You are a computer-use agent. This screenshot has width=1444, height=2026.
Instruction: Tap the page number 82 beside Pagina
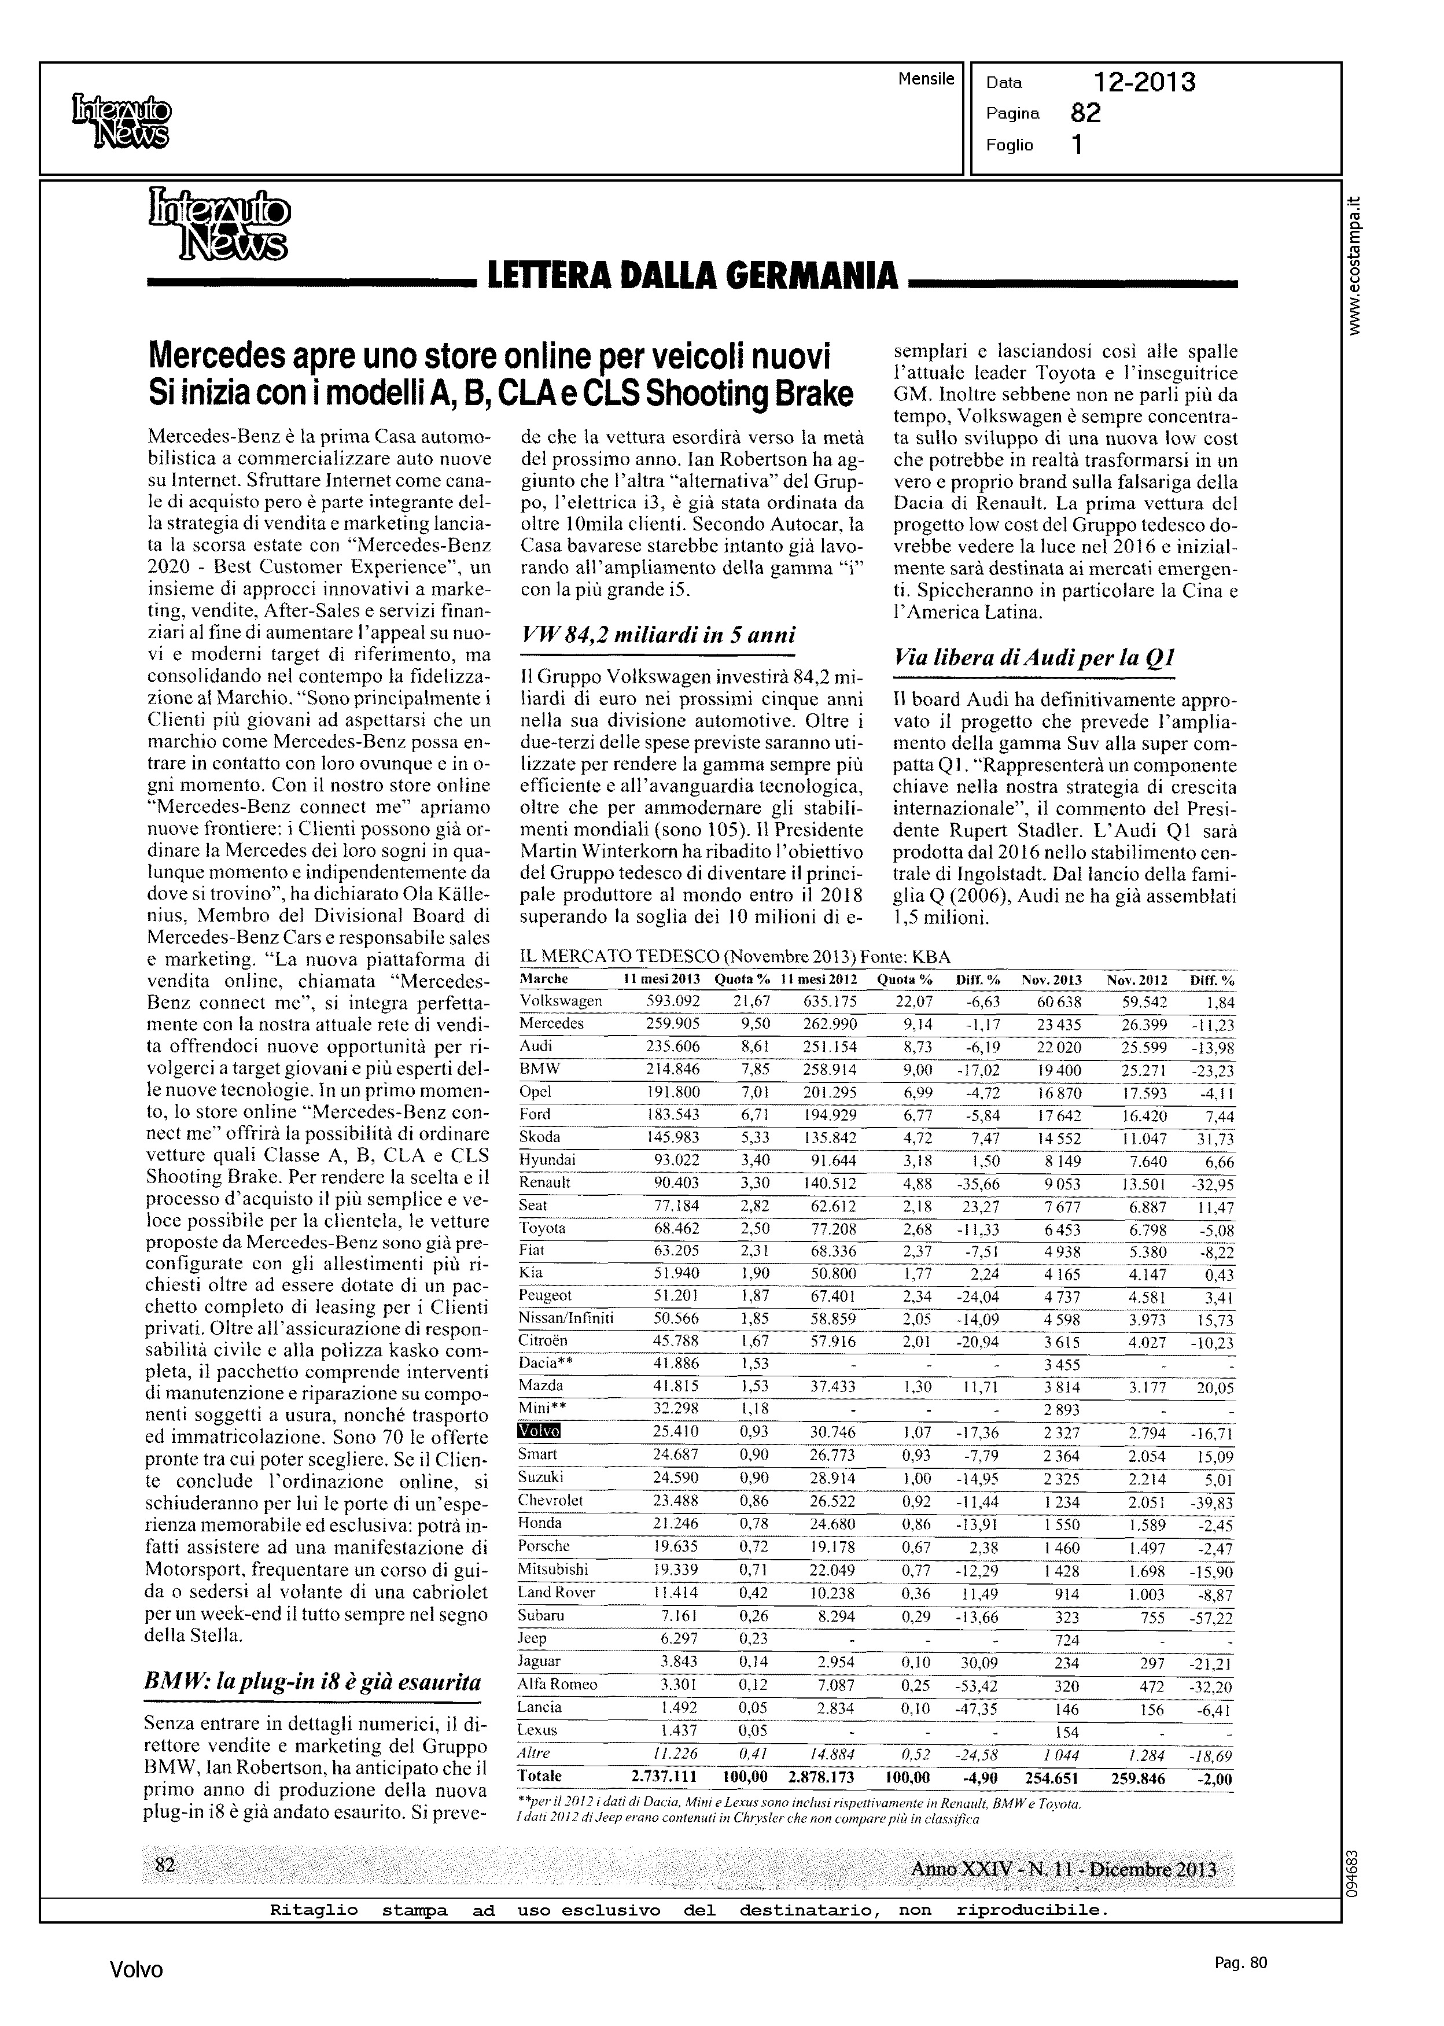[x=1086, y=113]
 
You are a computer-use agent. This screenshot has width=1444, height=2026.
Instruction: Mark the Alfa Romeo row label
[x=558, y=1685]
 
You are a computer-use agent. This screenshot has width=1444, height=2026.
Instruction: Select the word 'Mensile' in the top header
[x=926, y=79]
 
